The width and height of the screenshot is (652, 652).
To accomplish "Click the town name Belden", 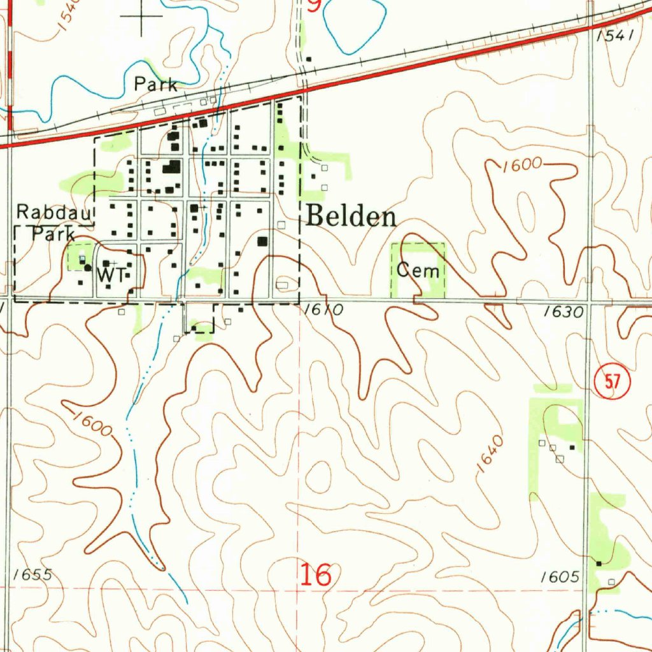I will click(351, 217).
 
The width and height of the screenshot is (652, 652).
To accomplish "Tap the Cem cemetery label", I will click(418, 271).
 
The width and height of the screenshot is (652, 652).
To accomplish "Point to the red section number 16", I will click(316, 575).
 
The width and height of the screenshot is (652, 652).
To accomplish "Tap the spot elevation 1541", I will click(616, 36).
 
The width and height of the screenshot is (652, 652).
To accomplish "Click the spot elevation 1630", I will click(563, 312).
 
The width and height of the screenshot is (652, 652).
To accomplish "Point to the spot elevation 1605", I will click(560, 577).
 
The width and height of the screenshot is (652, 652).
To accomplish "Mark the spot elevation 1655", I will click(32, 574).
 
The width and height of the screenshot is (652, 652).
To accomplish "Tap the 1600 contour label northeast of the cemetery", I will click(521, 166).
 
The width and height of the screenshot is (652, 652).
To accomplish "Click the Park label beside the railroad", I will click(155, 84).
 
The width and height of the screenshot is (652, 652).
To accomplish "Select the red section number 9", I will click(314, 6).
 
